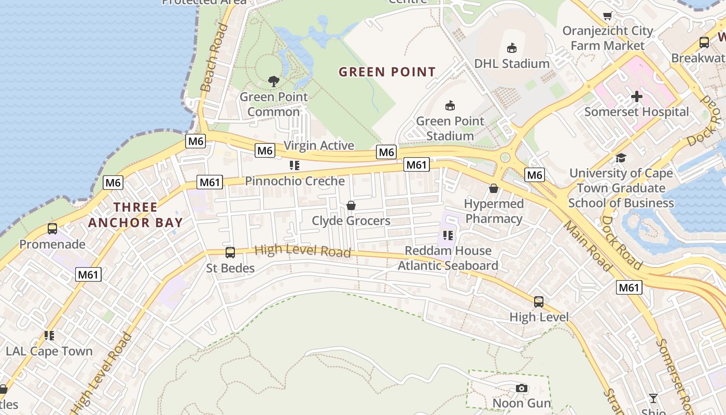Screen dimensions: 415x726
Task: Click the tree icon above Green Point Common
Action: click(273, 81)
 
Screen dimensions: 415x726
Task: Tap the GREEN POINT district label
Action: click(387, 72)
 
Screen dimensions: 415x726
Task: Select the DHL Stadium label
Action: click(511, 64)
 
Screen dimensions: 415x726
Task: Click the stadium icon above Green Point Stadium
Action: click(450, 106)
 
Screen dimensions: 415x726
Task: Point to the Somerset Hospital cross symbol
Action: click(636, 96)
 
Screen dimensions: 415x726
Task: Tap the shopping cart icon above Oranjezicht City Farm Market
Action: click(607, 16)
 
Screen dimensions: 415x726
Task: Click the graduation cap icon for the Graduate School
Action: click(621, 158)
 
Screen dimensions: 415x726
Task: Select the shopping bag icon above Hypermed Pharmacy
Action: click(494, 188)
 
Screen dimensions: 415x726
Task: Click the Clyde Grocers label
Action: click(351, 221)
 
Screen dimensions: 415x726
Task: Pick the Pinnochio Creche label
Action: click(295, 181)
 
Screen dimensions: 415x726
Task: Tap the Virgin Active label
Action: click(318, 146)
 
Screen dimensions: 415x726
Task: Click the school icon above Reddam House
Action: click(448, 236)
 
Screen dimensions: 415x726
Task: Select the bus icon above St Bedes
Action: click(230, 253)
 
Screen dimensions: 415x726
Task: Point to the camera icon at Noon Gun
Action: click(522, 388)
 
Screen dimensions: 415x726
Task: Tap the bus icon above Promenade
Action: click(52, 229)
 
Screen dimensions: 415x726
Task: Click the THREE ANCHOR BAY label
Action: click(135, 215)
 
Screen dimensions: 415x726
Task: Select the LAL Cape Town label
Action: click(49, 351)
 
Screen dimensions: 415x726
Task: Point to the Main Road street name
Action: click(587, 246)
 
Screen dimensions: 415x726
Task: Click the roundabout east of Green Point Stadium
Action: click(506, 158)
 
